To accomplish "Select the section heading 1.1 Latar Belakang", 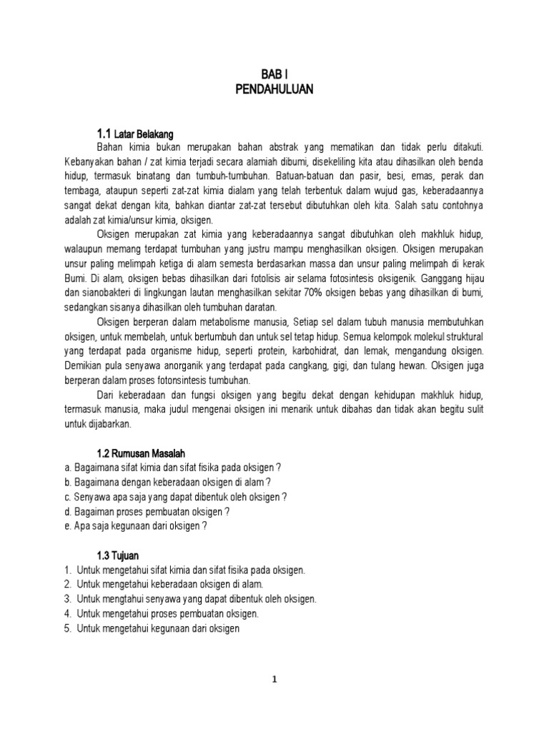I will pyautogui.click(x=135, y=133).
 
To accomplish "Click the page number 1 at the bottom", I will pyautogui.click(x=274, y=680).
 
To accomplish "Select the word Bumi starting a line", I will pyautogui.click(x=76, y=278).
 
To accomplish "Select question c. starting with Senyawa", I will pyautogui.click(x=175, y=497).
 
